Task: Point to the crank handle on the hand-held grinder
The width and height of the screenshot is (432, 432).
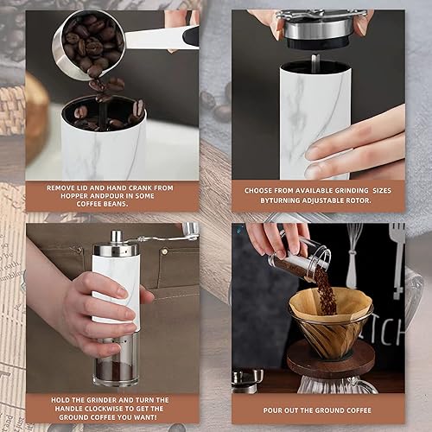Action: tap(156, 234)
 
